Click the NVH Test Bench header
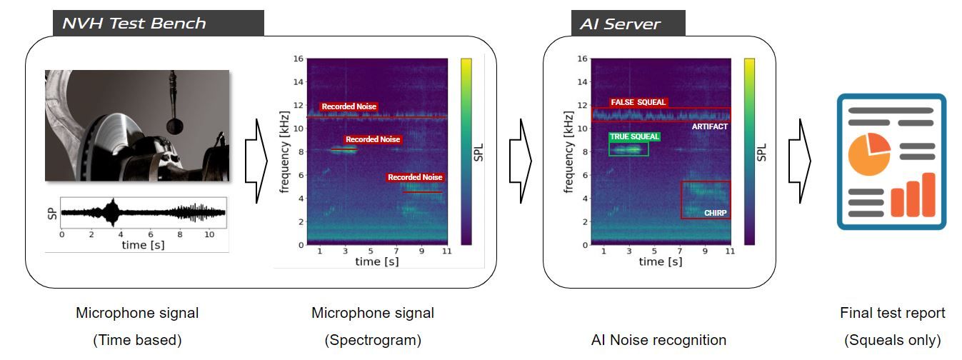[x=134, y=24]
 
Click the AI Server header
[x=621, y=24]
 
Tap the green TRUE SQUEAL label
[x=634, y=136]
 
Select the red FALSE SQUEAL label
[x=638, y=102]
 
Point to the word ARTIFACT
[x=709, y=126]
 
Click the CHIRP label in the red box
[x=715, y=213]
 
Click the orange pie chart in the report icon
[x=868, y=153]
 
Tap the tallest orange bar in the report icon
[x=928, y=194]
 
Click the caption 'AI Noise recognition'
[x=659, y=340]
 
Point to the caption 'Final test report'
[x=892, y=313]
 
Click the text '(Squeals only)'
[x=892, y=340]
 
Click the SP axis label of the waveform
[x=51, y=213]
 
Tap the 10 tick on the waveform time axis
[x=209, y=234]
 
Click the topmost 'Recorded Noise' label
[x=349, y=106]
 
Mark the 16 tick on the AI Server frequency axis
[x=583, y=59]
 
